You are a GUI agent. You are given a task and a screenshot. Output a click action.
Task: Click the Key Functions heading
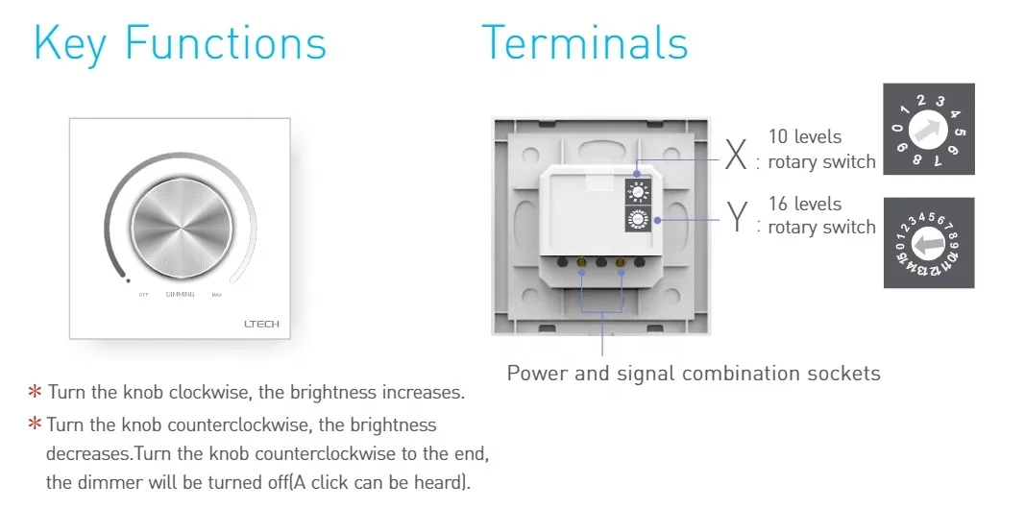pos(180,44)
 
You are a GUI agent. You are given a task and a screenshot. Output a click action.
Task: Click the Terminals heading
pos(584,42)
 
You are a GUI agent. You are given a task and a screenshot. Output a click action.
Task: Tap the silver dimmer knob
pos(181,222)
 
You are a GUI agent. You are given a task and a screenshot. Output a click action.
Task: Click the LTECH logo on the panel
pos(261,325)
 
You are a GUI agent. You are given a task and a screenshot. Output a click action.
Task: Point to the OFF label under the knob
pos(143,295)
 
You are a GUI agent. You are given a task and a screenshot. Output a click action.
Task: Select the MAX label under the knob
pos(217,295)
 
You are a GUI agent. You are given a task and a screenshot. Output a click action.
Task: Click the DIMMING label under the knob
pos(180,295)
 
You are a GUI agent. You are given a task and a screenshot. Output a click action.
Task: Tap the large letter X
pos(736,154)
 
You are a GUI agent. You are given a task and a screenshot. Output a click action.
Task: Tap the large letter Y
pos(736,218)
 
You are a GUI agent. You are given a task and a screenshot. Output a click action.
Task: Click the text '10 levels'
pos(805,137)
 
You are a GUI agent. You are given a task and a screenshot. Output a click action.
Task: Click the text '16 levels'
pos(805,205)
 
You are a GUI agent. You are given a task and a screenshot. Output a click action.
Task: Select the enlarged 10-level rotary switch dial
pos(928,129)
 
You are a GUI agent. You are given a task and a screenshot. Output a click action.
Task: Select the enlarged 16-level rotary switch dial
pos(928,243)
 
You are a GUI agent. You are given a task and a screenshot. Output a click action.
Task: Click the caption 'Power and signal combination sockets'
pos(694,373)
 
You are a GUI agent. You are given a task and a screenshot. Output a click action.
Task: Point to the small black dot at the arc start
pos(128,281)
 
